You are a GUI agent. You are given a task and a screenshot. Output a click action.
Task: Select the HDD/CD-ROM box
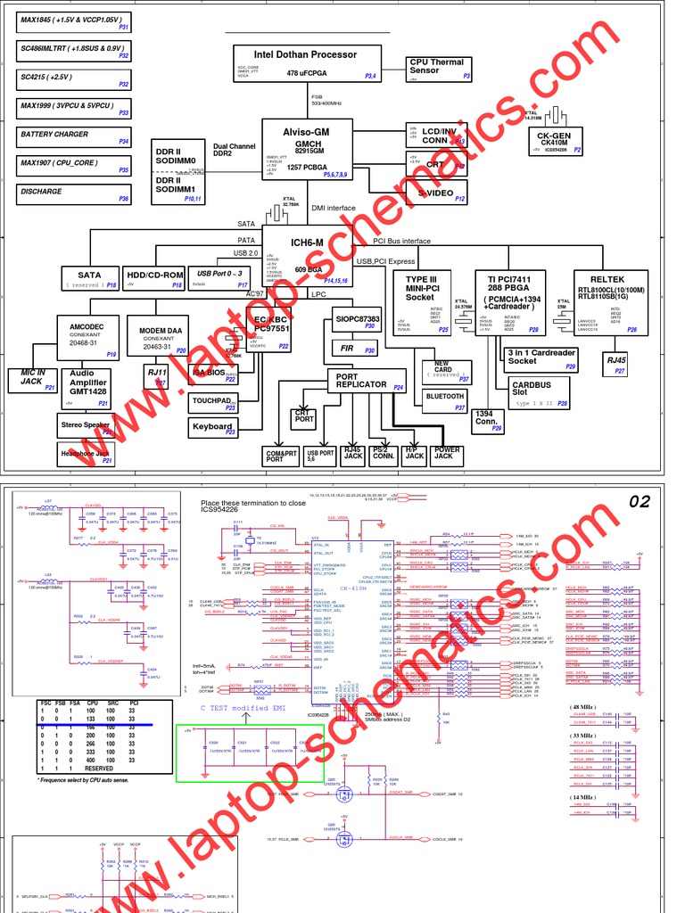(154, 278)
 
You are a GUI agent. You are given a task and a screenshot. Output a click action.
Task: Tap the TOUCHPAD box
(213, 402)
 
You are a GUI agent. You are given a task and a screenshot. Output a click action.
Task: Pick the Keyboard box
(213, 428)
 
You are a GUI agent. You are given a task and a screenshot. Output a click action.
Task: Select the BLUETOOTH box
(445, 397)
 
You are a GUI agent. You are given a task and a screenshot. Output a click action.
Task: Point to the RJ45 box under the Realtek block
(616, 360)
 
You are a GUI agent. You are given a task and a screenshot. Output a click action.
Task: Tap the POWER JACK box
(447, 455)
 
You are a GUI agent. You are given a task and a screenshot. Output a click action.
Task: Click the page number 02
(640, 502)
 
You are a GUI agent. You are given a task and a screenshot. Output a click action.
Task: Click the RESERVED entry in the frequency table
(98, 769)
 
